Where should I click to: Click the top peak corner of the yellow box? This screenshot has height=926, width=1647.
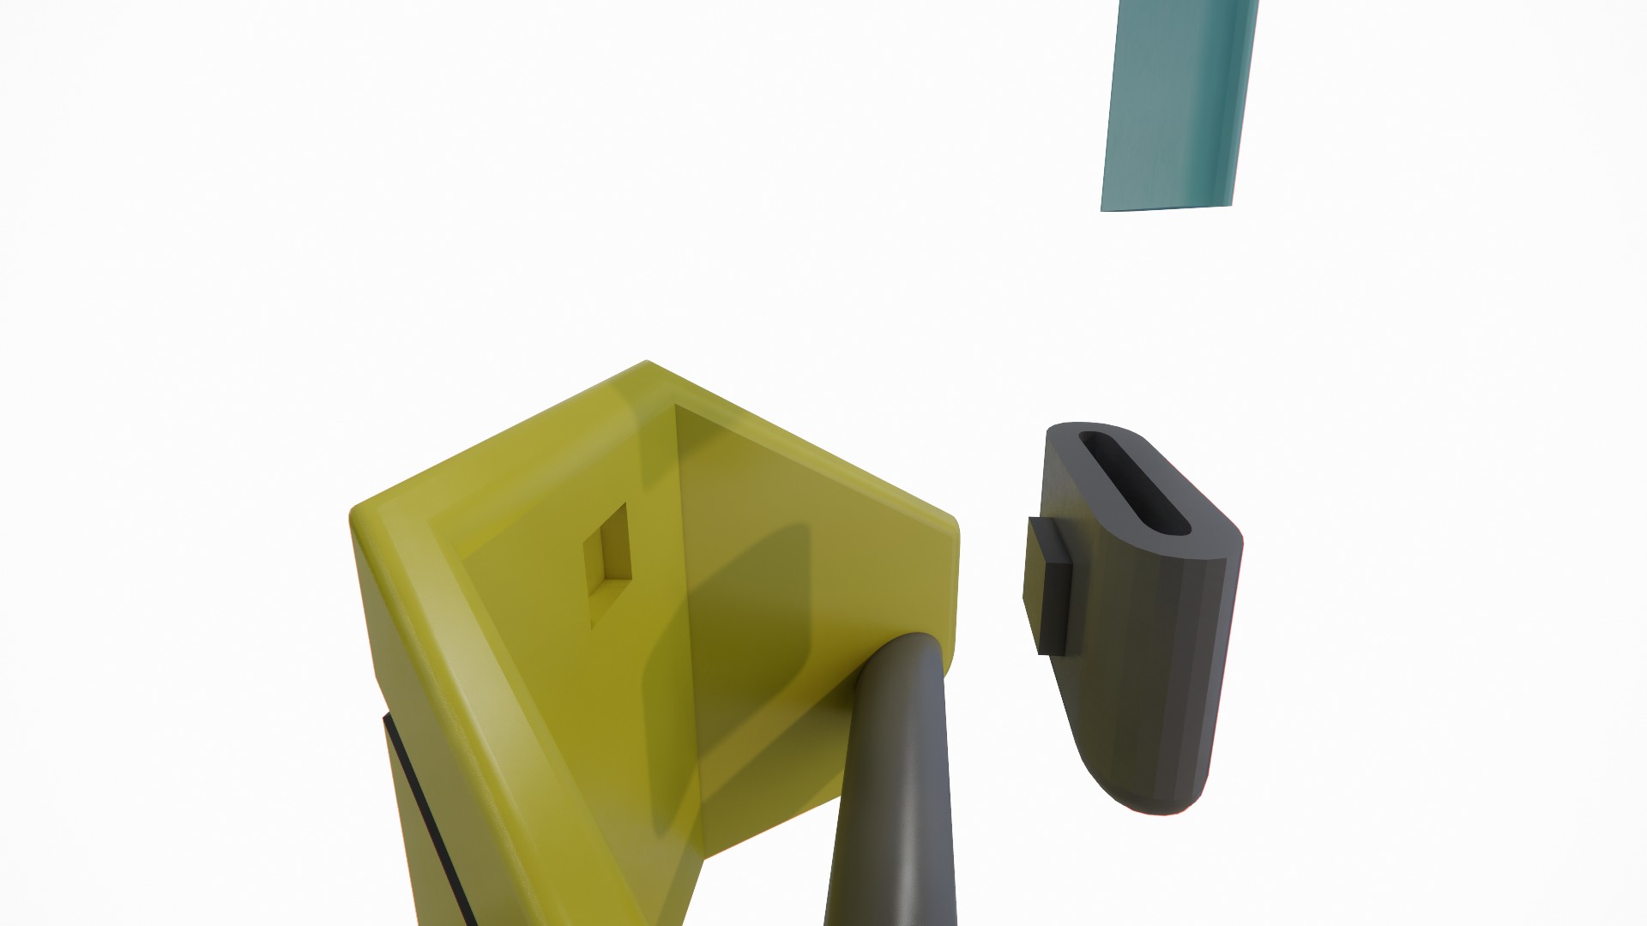point(646,364)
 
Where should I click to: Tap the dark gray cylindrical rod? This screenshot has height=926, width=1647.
point(892,797)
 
